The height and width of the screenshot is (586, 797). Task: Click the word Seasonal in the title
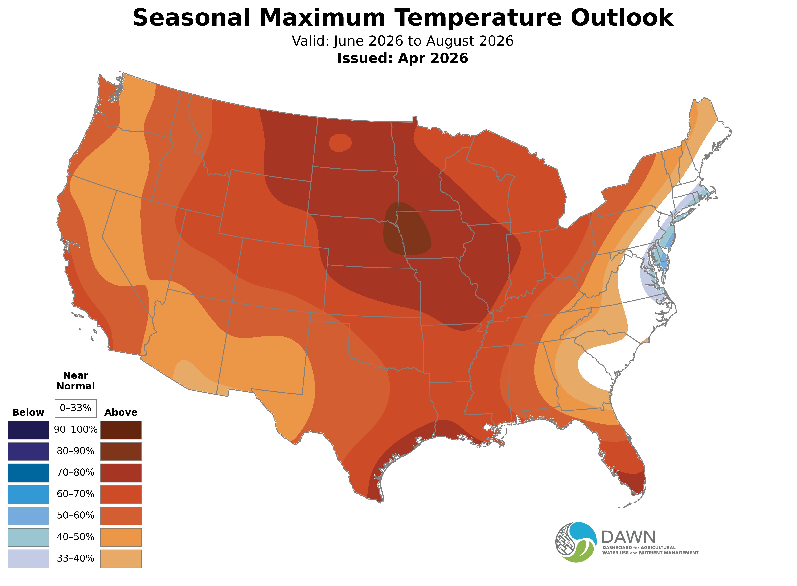[191, 18]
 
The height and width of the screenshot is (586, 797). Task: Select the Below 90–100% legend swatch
[28, 430]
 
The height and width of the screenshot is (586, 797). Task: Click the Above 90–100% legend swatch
[121, 430]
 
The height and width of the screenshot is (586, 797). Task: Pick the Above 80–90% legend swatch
[121, 451]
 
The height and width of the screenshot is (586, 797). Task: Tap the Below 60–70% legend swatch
[28, 494]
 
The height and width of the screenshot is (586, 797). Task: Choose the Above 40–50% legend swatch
[121, 537]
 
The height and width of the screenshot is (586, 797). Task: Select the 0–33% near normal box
[75, 408]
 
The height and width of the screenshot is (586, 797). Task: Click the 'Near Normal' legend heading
[75, 381]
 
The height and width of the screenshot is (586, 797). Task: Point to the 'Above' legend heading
[121, 413]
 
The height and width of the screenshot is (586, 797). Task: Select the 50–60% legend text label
[75, 515]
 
